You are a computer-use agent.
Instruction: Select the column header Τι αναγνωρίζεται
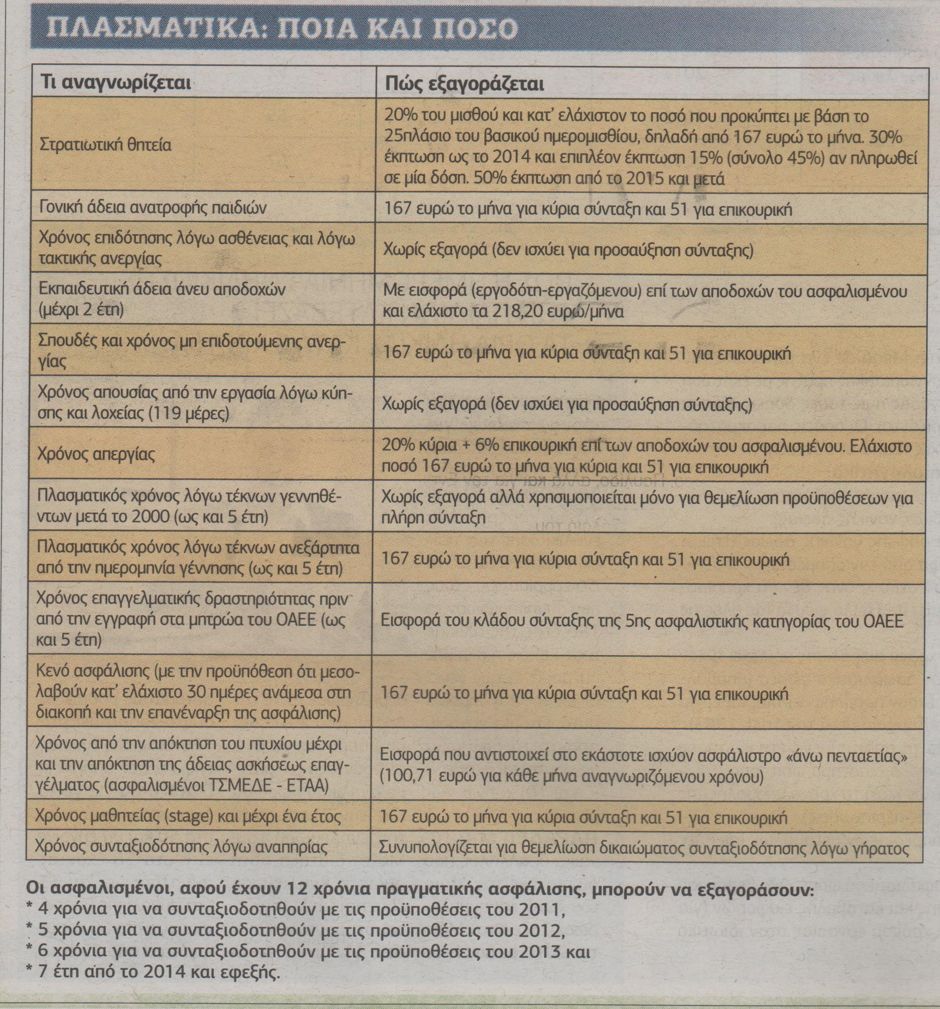(x=116, y=83)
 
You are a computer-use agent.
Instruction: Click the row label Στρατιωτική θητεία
(x=105, y=145)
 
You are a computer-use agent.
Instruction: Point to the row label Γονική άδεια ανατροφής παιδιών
(x=152, y=208)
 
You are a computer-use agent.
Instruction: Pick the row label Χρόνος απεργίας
(x=96, y=453)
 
